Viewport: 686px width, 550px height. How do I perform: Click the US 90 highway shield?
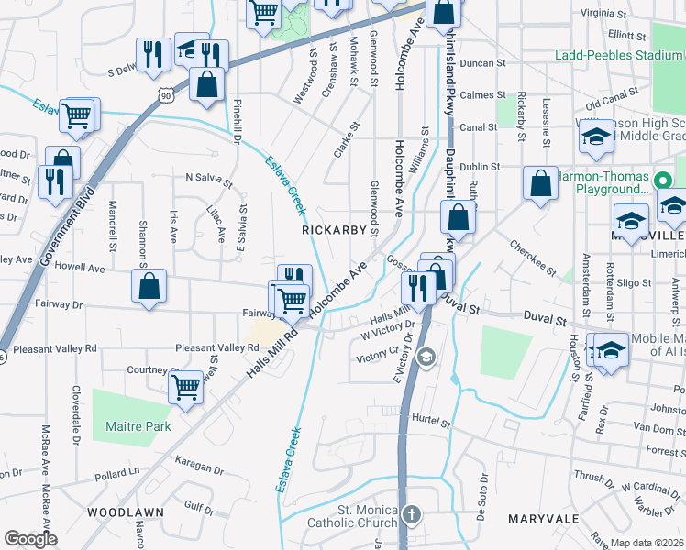(164, 93)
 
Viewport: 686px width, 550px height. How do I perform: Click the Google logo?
(30, 539)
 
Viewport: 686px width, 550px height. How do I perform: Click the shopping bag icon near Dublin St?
(540, 181)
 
